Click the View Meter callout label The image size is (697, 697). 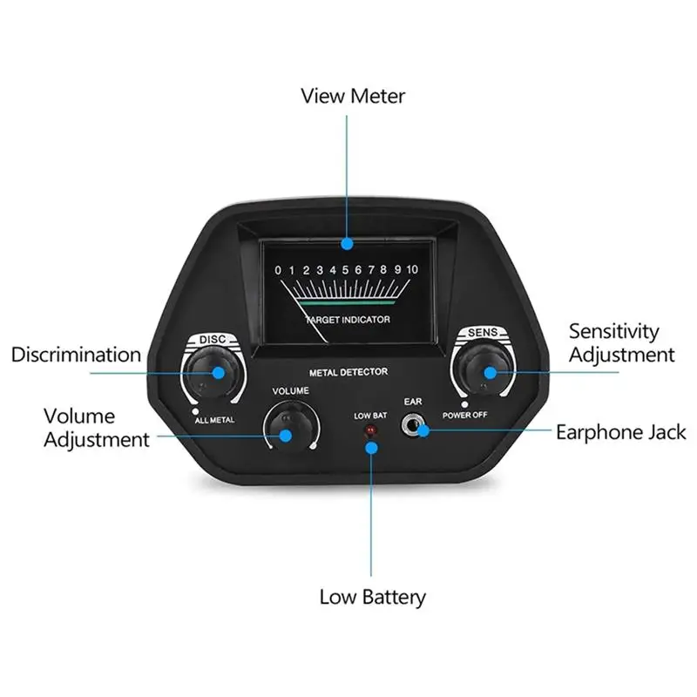pyautogui.click(x=353, y=96)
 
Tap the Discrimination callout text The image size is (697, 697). pyautogui.click(x=76, y=355)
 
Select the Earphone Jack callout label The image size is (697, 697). pyautogui.click(x=620, y=432)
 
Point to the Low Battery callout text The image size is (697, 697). pyautogui.click(x=373, y=597)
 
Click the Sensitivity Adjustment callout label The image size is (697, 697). pyautogui.click(x=621, y=342)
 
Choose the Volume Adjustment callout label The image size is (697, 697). pyautogui.click(x=97, y=428)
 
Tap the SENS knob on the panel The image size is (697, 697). pyautogui.click(x=484, y=369)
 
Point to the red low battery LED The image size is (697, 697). pyautogui.click(x=369, y=430)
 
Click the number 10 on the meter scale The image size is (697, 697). pyautogui.click(x=412, y=269)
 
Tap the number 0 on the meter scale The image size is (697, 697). pyautogui.click(x=278, y=270)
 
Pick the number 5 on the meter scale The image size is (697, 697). pyautogui.click(x=345, y=270)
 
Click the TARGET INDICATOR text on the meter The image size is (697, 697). pyautogui.click(x=348, y=320)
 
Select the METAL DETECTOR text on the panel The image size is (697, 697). pyautogui.click(x=348, y=372)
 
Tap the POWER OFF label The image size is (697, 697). pyautogui.click(x=464, y=415)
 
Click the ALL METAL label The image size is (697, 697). pyautogui.click(x=214, y=420)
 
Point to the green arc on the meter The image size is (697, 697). pyautogui.click(x=347, y=302)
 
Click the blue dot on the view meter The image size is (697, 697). pyautogui.click(x=347, y=244)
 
